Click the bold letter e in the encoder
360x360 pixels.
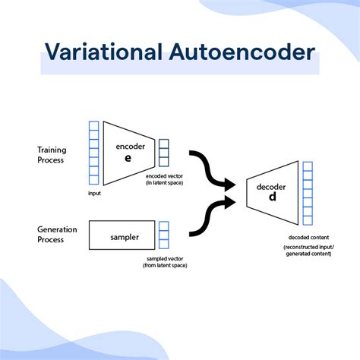click(x=129, y=158)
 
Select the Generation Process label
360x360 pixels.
click(x=58, y=234)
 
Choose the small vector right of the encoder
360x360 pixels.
click(x=164, y=152)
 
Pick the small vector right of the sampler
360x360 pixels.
click(x=164, y=235)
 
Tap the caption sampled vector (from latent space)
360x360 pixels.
click(x=165, y=262)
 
